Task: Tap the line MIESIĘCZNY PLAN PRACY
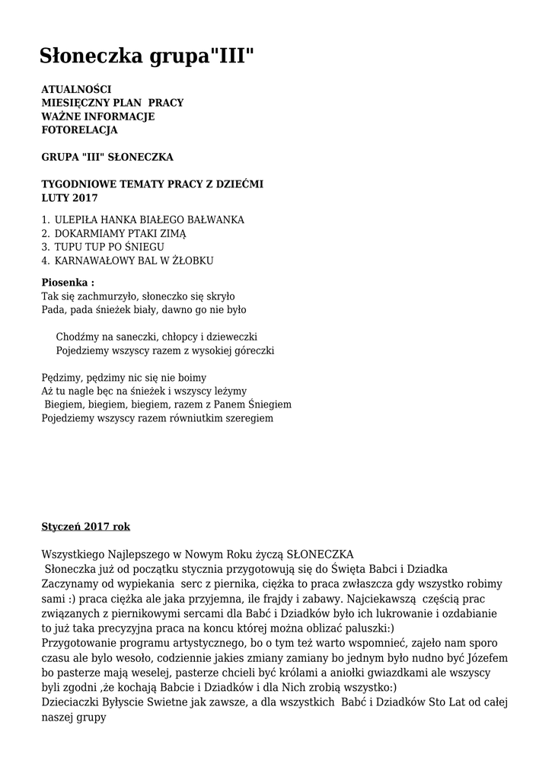112,103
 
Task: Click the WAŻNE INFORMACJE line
97,117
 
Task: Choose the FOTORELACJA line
79,130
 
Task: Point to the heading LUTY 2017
69,198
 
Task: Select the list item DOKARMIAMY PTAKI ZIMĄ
120,233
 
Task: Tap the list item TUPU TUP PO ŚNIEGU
109,247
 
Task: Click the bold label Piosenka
67,283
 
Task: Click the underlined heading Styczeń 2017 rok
85,526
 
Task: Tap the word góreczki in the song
250,350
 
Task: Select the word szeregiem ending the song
247,418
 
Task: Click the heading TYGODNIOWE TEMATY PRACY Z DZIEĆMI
152,184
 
